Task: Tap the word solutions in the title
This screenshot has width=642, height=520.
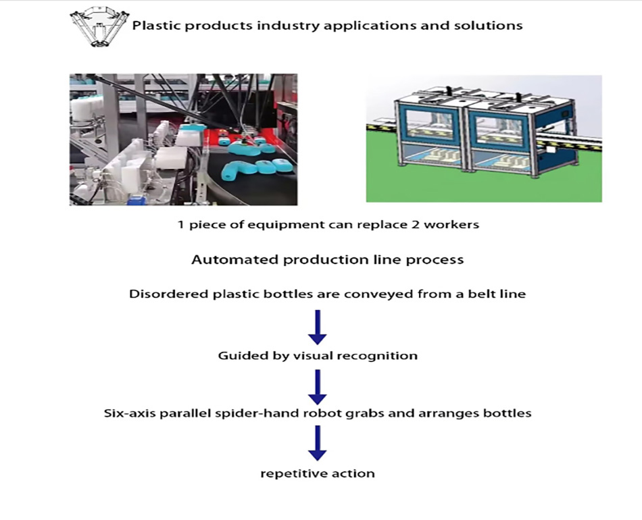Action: (x=493, y=26)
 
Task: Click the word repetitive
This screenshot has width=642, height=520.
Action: (x=287, y=473)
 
